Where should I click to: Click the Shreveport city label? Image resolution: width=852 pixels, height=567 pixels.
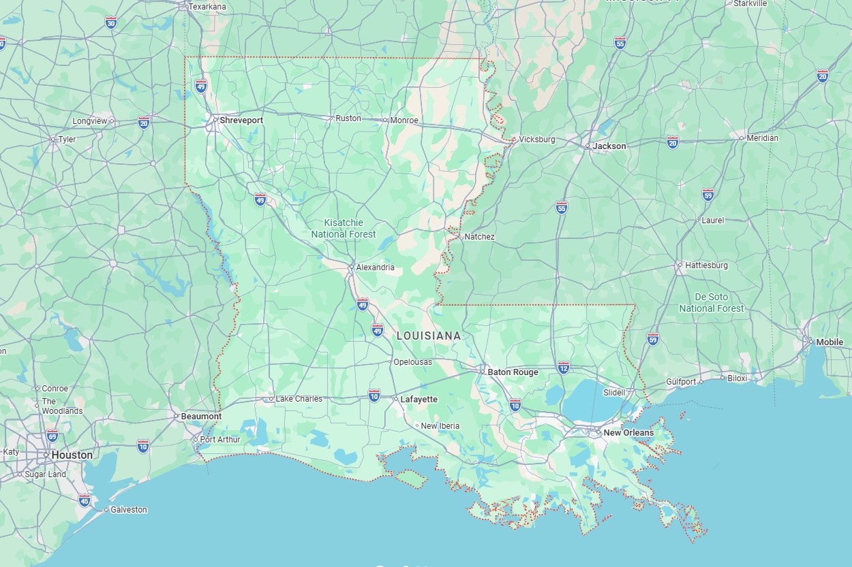click(241, 120)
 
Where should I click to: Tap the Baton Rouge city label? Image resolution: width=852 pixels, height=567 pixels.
click(513, 372)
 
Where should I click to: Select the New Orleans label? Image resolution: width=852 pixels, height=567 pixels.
click(628, 433)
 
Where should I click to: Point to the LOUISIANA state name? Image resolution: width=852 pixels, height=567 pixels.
click(429, 336)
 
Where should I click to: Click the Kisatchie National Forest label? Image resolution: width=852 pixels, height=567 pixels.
click(344, 229)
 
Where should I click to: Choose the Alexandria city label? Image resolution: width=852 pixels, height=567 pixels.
click(375, 268)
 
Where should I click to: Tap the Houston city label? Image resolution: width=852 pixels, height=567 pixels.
click(72, 455)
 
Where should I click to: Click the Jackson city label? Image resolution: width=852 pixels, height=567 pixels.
click(609, 146)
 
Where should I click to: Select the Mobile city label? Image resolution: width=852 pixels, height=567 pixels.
click(830, 342)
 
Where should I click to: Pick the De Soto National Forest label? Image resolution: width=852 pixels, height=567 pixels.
click(712, 303)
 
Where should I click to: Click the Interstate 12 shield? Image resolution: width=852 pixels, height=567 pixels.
click(563, 367)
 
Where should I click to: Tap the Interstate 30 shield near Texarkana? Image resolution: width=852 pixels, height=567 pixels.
click(111, 23)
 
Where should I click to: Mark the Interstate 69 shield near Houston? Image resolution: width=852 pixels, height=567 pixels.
click(52, 436)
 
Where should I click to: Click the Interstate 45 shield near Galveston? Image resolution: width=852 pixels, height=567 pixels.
click(84, 501)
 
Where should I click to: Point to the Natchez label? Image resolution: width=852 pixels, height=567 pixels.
click(479, 237)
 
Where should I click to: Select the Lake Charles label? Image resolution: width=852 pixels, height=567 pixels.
click(299, 399)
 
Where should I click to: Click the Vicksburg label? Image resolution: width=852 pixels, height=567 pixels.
click(537, 140)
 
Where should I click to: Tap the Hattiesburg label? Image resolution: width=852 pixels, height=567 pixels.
click(706, 265)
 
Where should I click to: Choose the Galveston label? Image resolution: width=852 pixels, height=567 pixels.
click(128, 510)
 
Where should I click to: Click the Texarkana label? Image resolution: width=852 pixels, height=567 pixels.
click(207, 7)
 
